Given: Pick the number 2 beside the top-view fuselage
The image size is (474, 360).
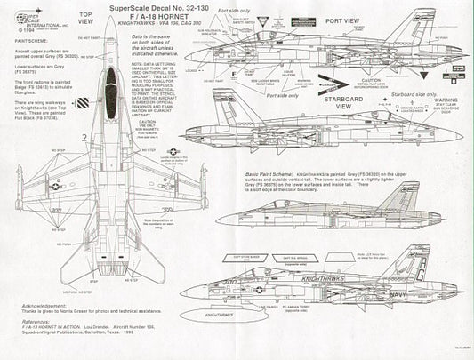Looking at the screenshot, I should coord(83,137).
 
